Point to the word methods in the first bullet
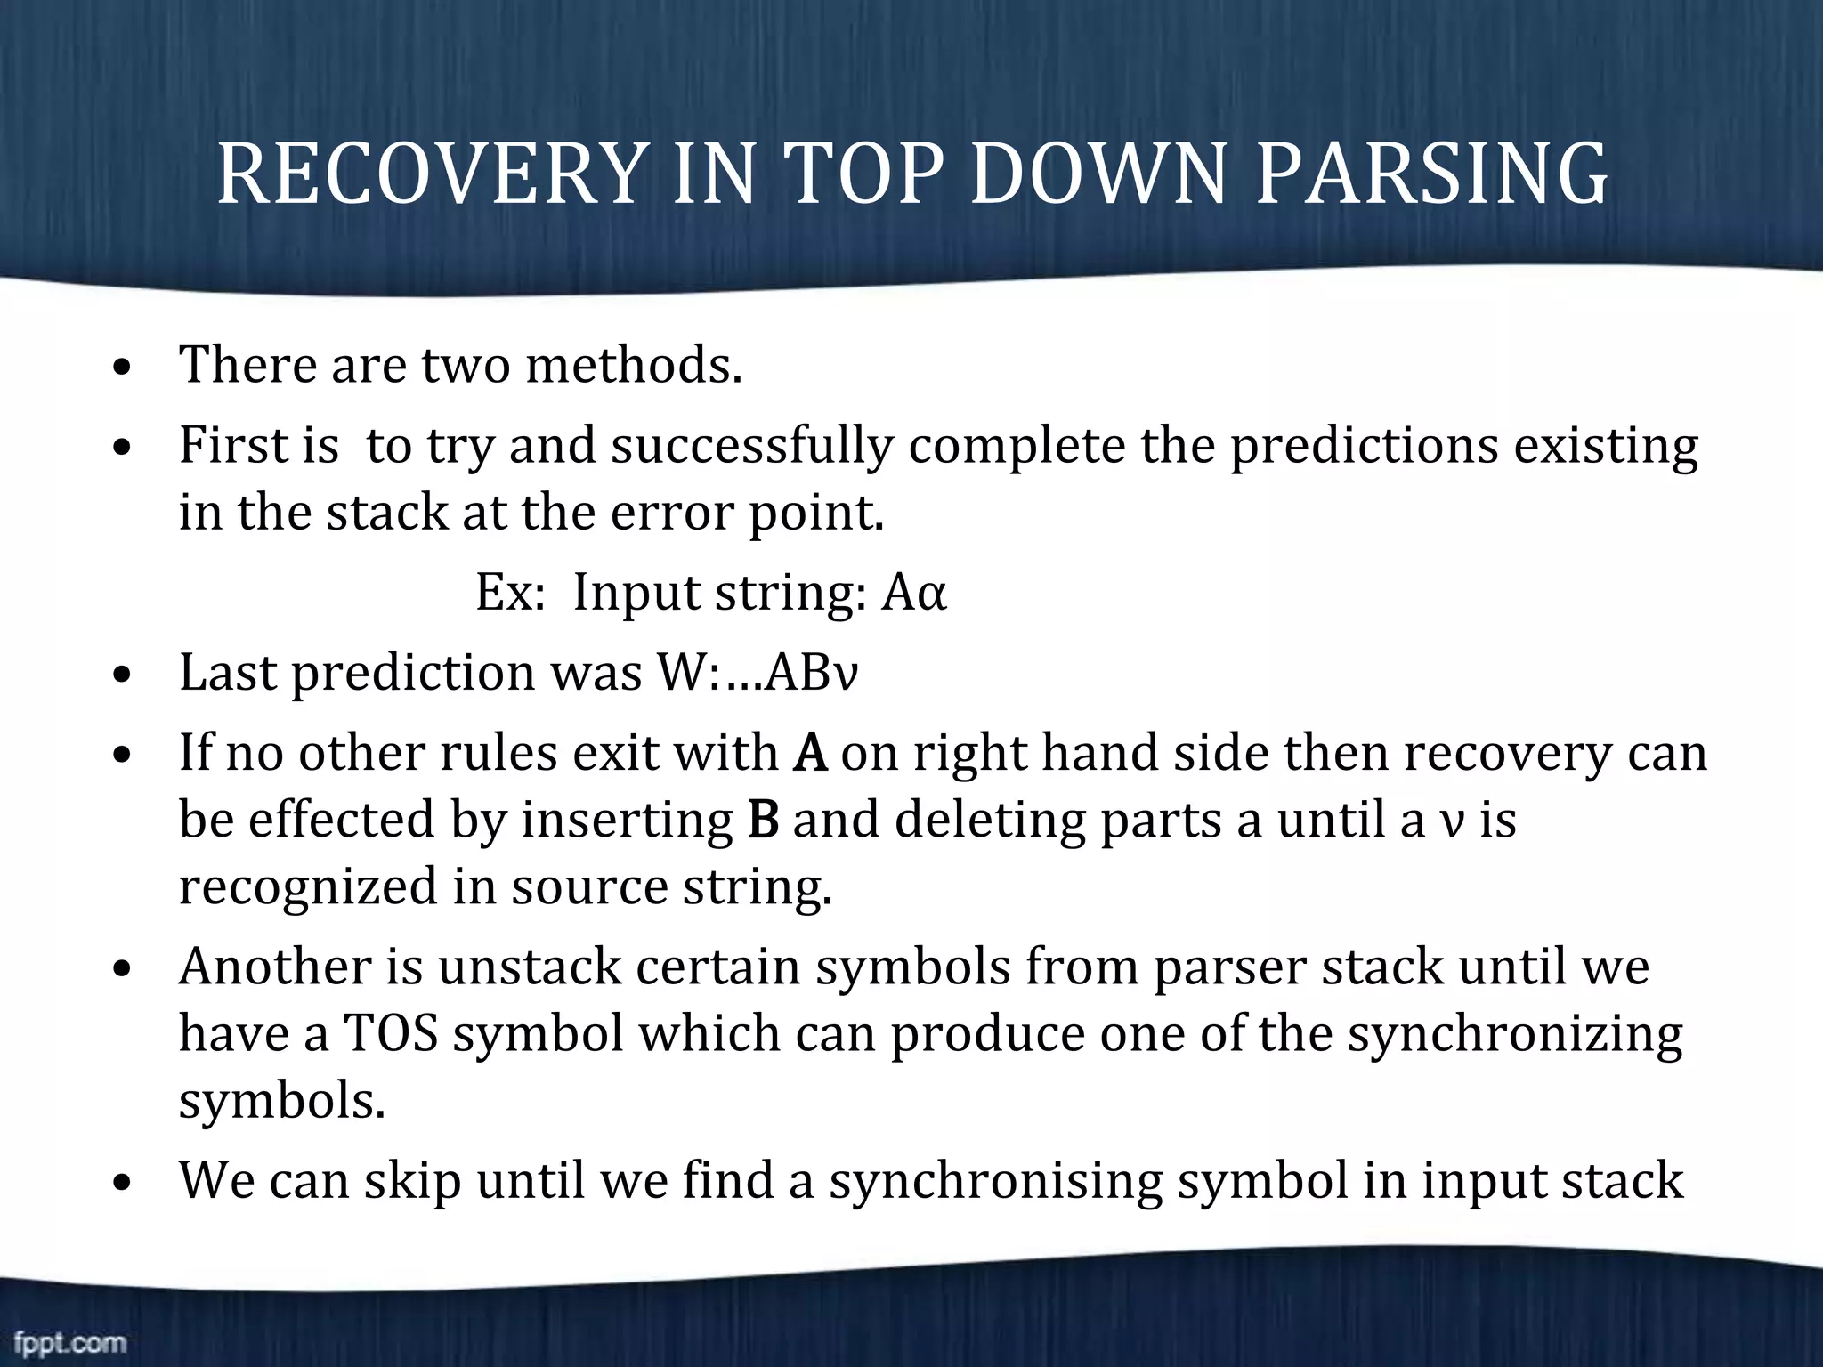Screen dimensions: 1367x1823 pos(633,365)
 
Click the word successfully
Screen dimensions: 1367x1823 pos(751,445)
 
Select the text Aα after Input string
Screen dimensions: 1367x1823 pos(913,594)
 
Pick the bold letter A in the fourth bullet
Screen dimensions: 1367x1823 pos(809,753)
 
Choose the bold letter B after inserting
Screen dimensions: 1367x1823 pos(764,821)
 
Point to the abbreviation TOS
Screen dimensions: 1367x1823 pos(391,1034)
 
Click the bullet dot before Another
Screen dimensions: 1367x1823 pos(124,968)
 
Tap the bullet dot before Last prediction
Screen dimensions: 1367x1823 pos(124,675)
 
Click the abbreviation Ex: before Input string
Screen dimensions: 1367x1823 pos(509,594)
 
